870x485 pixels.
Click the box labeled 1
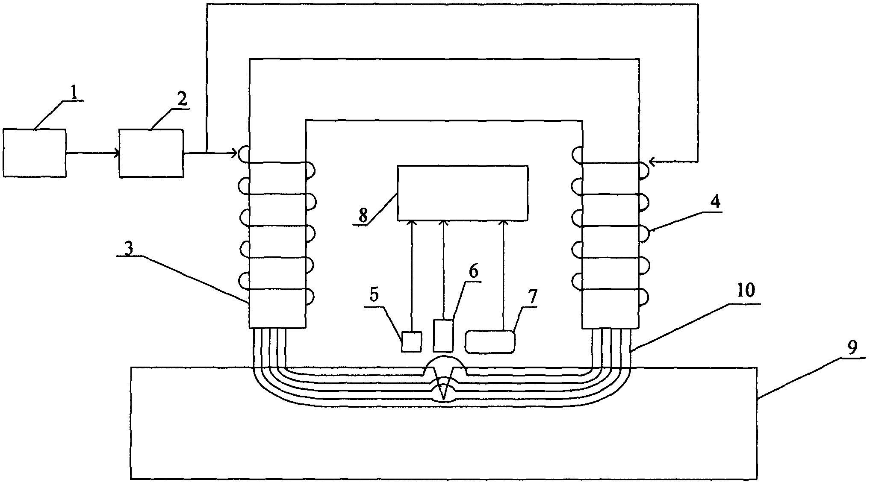point(35,153)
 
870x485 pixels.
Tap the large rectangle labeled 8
point(463,193)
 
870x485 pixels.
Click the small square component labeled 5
point(411,342)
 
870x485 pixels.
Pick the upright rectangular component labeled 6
point(443,335)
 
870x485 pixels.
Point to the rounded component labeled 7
point(490,342)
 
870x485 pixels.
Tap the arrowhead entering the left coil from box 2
point(234,153)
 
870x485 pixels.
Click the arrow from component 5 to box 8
point(412,276)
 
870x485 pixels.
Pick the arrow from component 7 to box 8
point(504,276)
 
